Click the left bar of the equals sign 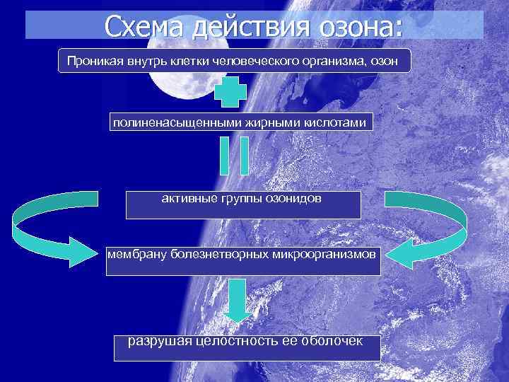(224, 155)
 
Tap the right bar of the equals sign (245, 155)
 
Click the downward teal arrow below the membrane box (237, 300)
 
